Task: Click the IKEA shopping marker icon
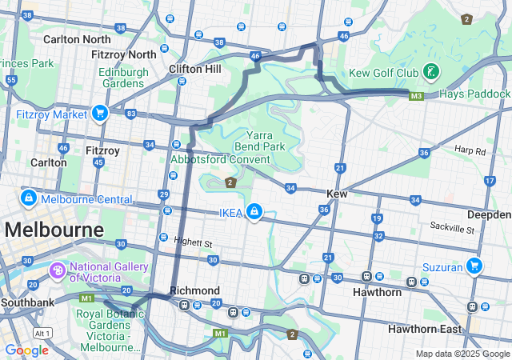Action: click(254, 211)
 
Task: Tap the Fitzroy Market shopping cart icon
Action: click(100, 114)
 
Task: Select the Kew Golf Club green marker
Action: click(431, 73)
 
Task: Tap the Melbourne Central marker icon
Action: click(28, 198)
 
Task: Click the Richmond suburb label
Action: click(194, 290)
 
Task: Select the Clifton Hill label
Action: click(194, 69)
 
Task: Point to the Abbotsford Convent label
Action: click(220, 159)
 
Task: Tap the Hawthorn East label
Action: click(425, 329)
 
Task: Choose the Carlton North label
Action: click(77, 39)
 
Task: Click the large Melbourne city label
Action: click(54, 230)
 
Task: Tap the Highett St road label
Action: click(194, 242)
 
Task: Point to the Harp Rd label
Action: click(470, 150)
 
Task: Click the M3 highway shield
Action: click(416, 96)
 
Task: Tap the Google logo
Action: click(26, 350)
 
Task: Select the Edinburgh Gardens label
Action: click(124, 77)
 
